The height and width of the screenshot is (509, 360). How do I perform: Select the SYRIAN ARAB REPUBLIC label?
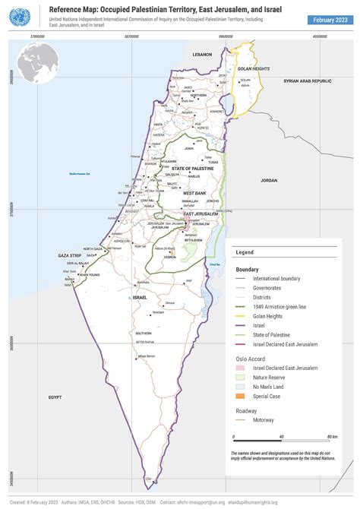point(308,81)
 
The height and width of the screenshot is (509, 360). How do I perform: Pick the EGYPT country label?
point(55,397)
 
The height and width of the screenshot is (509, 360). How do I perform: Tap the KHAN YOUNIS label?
point(90,274)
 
